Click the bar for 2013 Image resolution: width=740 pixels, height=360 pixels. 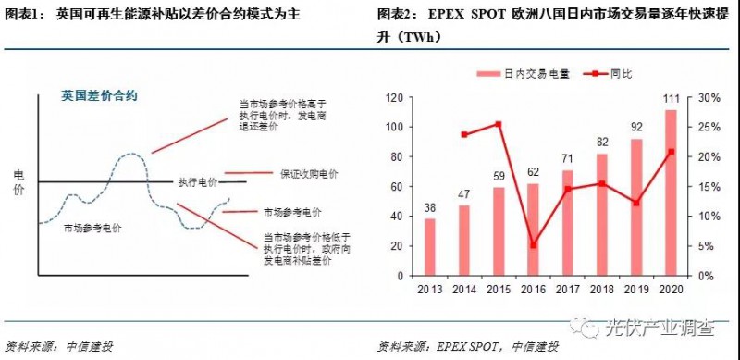[429, 247]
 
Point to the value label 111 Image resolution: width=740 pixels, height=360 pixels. [671, 101]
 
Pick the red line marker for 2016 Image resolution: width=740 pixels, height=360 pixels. [532, 245]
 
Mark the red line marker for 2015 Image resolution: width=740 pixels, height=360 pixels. [498, 124]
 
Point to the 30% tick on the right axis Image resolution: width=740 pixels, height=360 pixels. [708, 97]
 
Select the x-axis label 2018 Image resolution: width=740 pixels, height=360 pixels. [601, 290]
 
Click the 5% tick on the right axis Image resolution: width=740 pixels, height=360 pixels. [705, 246]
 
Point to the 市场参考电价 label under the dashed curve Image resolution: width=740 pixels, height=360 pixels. [93, 227]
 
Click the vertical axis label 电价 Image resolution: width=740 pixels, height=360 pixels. [19, 182]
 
